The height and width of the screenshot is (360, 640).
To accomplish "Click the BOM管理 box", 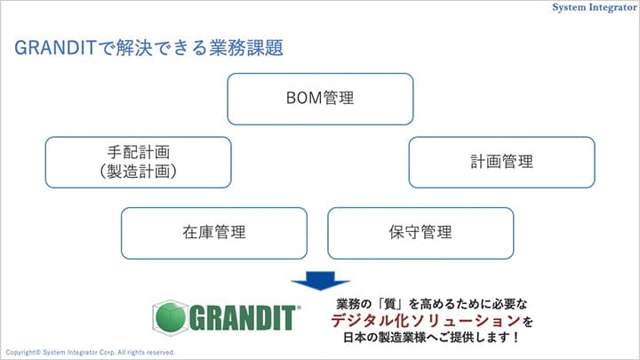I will click(x=320, y=99).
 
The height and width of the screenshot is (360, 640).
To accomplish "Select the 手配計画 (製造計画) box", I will click(x=138, y=162).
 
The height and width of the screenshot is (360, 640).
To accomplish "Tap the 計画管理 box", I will click(x=501, y=162).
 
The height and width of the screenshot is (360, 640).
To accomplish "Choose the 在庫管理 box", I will click(x=213, y=233).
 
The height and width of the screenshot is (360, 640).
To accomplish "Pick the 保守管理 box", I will click(x=420, y=233).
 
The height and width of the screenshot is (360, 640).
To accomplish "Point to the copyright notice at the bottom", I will click(x=89, y=352).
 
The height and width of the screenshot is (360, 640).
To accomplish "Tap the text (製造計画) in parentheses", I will click(x=138, y=172).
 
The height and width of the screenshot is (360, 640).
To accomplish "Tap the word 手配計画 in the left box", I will click(x=138, y=152).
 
